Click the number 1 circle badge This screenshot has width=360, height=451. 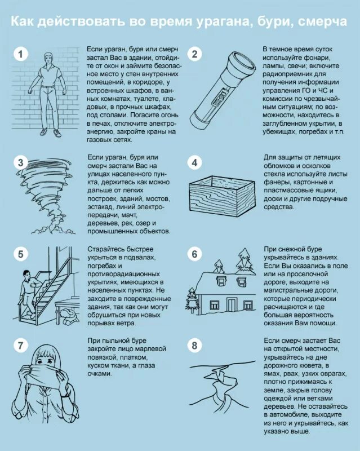[x=21, y=54]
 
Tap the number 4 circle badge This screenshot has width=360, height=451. [x=195, y=163]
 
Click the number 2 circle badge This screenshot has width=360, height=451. [x=195, y=54]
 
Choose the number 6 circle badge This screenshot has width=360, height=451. [x=195, y=254]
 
